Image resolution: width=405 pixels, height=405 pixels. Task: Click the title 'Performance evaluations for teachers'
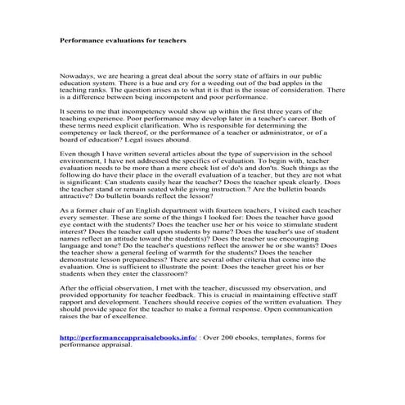[124, 38]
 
